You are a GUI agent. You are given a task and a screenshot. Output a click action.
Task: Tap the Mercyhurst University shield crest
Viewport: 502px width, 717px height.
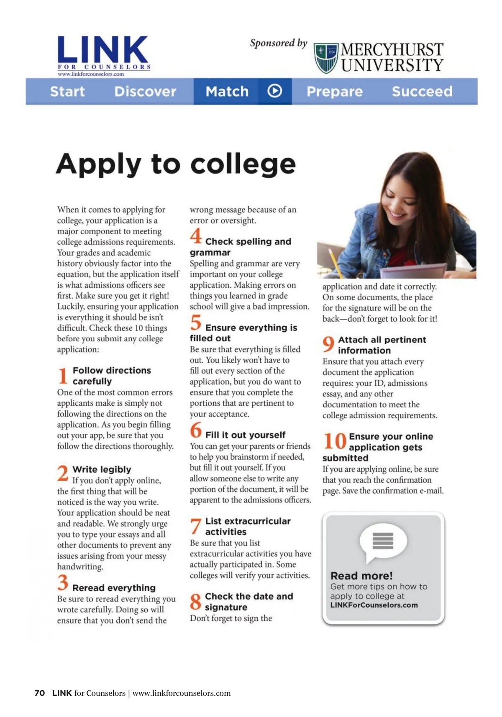click(x=326, y=58)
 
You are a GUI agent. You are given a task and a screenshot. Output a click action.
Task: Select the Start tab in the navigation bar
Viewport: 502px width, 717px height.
click(x=67, y=91)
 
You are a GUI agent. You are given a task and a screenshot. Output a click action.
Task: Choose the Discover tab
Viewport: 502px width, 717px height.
click(x=145, y=91)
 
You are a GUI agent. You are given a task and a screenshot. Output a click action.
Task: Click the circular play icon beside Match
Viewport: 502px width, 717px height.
click(x=274, y=91)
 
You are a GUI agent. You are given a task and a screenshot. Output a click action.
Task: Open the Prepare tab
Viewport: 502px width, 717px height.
click(x=335, y=91)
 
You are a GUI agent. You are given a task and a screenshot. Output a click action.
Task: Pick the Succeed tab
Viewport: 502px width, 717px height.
click(x=422, y=91)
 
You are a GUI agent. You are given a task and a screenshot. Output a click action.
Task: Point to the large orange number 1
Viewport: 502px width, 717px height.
click(x=63, y=375)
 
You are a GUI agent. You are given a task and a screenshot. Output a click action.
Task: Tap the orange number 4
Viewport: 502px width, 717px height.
click(x=195, y=236)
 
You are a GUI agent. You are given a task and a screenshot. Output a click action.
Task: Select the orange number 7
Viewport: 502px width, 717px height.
click(x=195, y=526)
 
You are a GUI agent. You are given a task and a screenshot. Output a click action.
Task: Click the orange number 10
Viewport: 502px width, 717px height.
click(x=335, y=441)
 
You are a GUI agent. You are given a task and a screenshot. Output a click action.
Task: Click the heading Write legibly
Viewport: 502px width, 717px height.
click(x=102, y=469)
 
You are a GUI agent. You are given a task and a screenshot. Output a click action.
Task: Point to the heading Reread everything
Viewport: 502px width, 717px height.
click(x=114, y=588)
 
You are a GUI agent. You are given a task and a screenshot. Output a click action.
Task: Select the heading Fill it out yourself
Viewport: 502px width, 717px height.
click(x=245, y=435)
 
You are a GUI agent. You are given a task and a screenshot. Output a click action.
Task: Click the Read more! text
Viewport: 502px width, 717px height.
click(x=361, y=576)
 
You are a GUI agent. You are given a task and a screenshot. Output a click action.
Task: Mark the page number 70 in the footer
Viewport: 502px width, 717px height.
click(x=40, y=693)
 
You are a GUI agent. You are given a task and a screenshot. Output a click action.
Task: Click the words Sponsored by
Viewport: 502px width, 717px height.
click(x=278, y=43)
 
